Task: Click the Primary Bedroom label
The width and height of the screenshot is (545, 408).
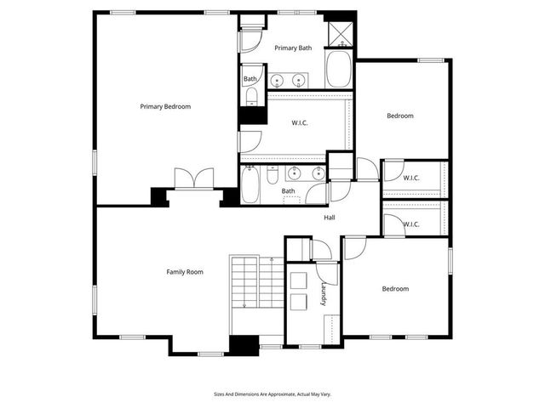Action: pos(165,106)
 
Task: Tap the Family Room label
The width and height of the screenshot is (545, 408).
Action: pos(185,272)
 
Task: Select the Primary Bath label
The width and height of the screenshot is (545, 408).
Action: pos(292,48)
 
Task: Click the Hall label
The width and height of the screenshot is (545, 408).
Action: pos(330,218)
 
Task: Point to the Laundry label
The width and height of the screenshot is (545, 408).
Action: pos(324,294)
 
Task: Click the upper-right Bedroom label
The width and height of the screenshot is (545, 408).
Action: pos(400,116)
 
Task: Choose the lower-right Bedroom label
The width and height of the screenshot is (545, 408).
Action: pos(395,289)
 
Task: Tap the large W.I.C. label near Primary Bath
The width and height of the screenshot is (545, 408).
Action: pos(300,123)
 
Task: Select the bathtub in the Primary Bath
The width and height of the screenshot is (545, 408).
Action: pos(339,69)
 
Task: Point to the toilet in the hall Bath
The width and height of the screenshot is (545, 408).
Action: pos(272,176)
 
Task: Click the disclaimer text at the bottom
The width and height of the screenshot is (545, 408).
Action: pos(272,394)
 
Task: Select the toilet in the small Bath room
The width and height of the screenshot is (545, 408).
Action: pos(250,99)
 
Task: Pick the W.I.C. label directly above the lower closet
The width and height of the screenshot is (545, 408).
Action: pos(411,178)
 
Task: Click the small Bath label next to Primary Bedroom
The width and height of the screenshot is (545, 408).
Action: pos(250,79)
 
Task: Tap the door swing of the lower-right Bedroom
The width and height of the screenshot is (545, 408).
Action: pos(354,247)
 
